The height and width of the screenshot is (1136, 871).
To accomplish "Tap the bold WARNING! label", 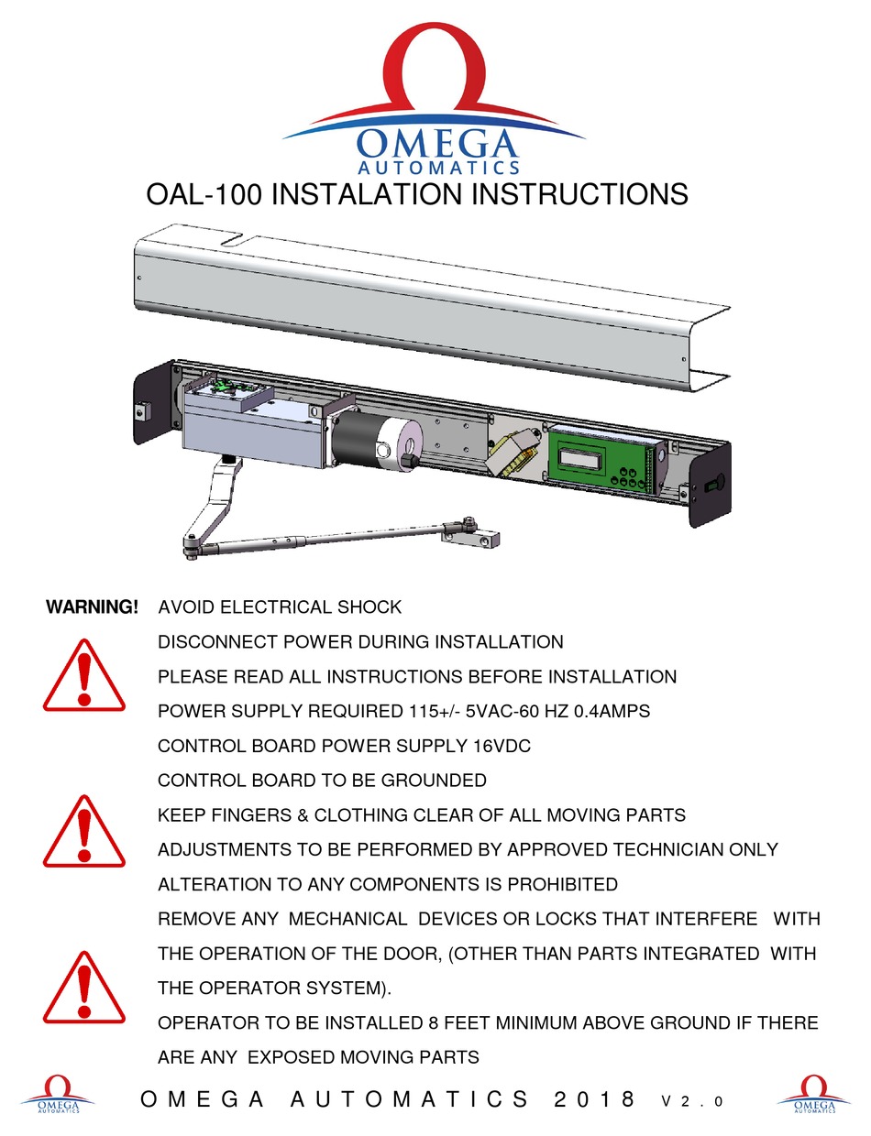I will (93, 607).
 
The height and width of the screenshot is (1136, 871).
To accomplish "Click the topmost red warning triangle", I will (83, 678).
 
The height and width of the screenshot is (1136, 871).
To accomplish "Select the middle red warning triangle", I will (83, 833).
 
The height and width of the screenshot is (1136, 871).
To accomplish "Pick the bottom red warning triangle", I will (83, 989).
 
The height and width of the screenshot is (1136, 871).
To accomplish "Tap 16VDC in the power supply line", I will (502, 747).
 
